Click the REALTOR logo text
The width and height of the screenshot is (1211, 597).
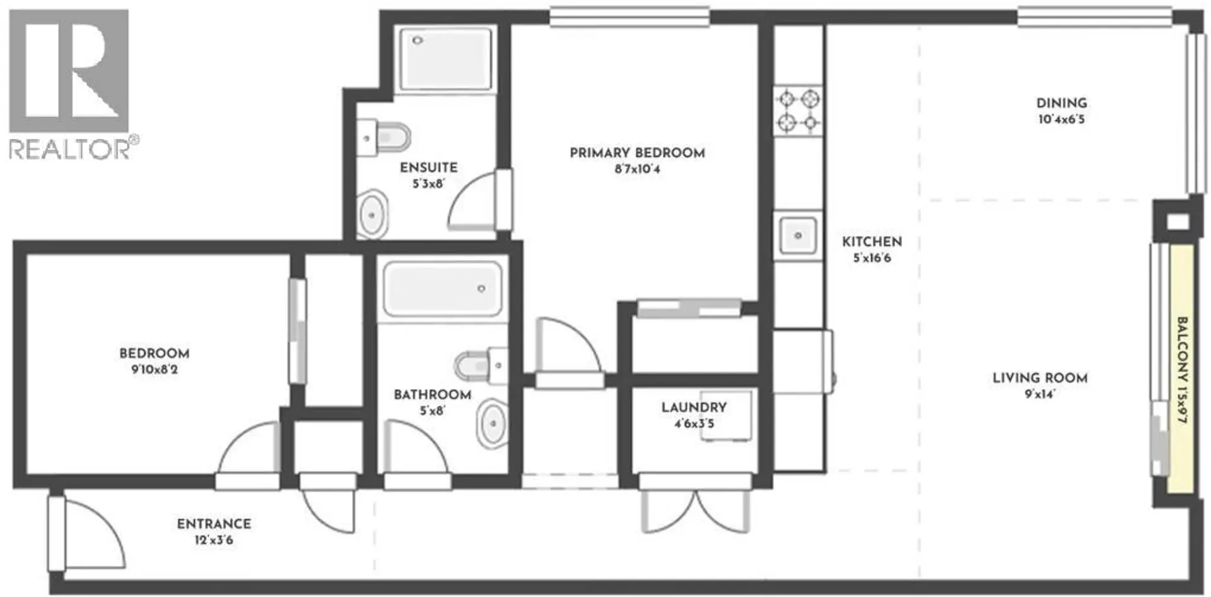point(69,149)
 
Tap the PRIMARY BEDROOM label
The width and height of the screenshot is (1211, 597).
point(637,153)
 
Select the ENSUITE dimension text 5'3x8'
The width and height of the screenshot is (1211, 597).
point(428,184)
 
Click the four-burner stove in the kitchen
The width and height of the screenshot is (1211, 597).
point(798,110)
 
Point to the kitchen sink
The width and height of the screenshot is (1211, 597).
point(798,235)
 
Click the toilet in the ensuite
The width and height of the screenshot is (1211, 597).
point(388,137)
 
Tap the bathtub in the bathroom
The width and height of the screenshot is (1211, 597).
point(443,290)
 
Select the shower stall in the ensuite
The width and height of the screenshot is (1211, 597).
point(445,59)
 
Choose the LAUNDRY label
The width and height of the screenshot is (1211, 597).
point(694,408)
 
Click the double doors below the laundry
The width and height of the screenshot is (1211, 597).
point(695,510)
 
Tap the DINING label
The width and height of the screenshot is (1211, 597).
point(1062,103)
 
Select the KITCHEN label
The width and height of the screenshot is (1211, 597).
point(872,242)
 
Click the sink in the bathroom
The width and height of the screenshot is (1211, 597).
point(493,422)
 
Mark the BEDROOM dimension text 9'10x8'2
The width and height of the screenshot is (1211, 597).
point(155,370)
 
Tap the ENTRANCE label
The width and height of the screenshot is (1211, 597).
point(214,524)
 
